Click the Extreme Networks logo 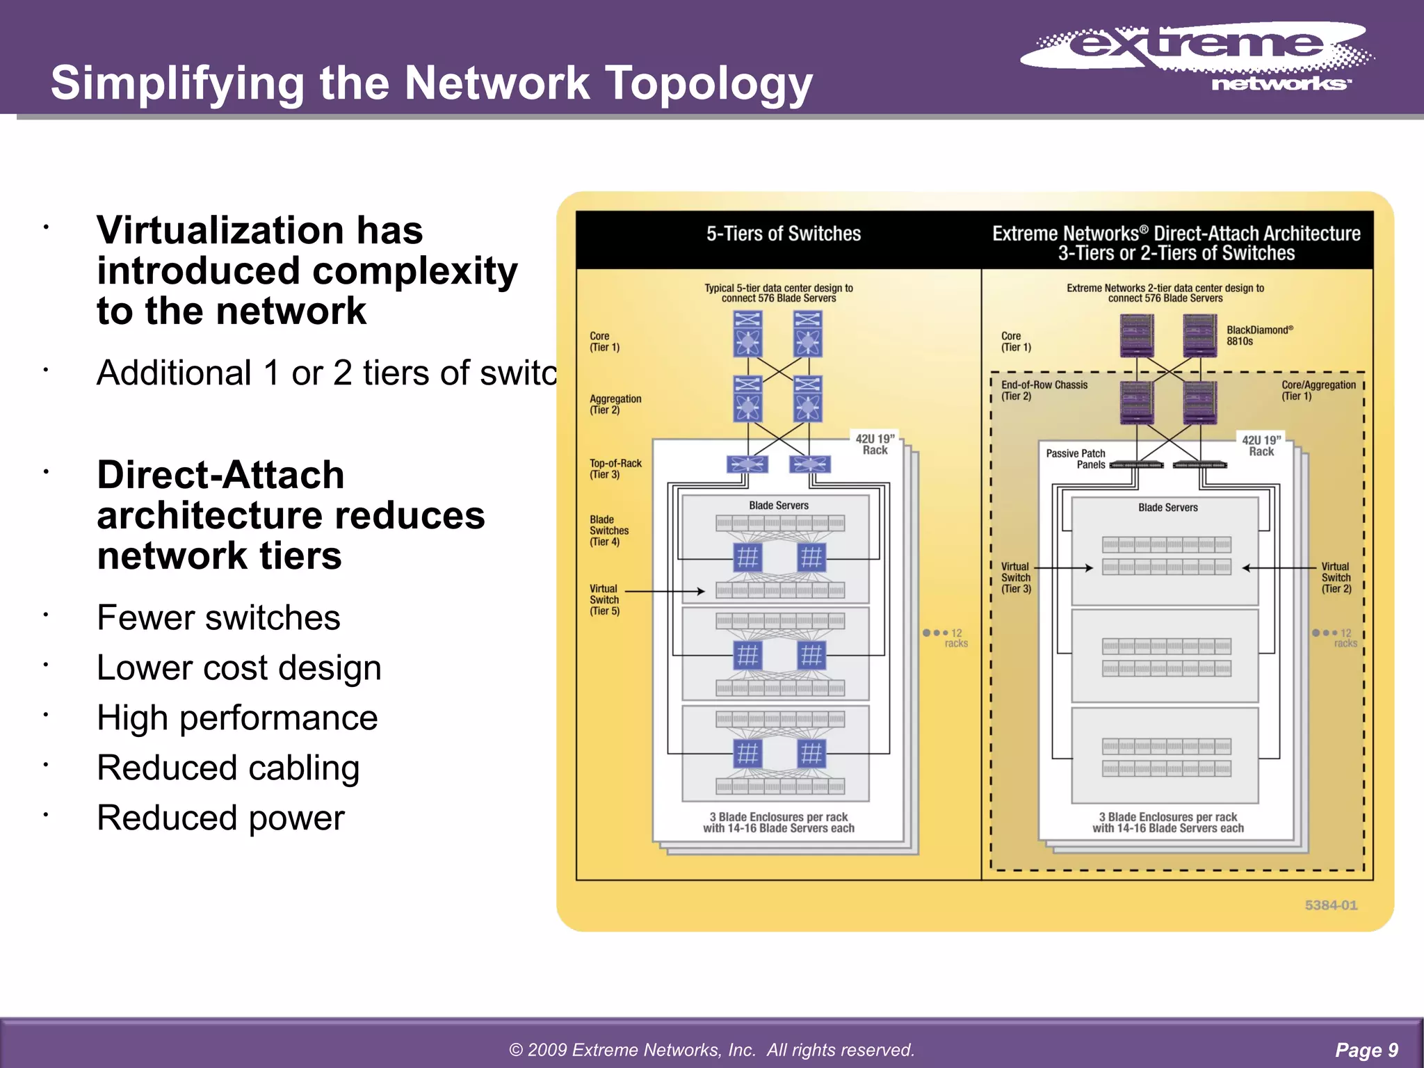[x=1196, y=56]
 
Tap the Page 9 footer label [x=1366, y=1049]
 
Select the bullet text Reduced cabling [x=228, y=768]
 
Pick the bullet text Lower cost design [x=238, y=668]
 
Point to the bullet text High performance [x=237, y=718]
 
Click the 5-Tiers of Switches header [x=783, y=234]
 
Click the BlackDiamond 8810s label [x=1259, y=336]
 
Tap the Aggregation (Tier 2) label [x=615, y=404]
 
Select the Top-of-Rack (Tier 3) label [x=615, y=469]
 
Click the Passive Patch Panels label [x=1076, y=459]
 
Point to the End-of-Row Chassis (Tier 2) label [x=1043, y=390]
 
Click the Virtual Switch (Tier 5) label [x=604, y=599]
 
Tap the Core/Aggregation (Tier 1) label [x=1318, y=390]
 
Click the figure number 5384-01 [x=1330, y=905]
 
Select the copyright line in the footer [x=711, y=1049]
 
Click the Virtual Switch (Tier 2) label [x=1336, y=578]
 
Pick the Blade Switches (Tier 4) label [x=608, y=531]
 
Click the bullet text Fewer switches [x=218, y=618]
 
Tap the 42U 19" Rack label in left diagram [x=874, y=444]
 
